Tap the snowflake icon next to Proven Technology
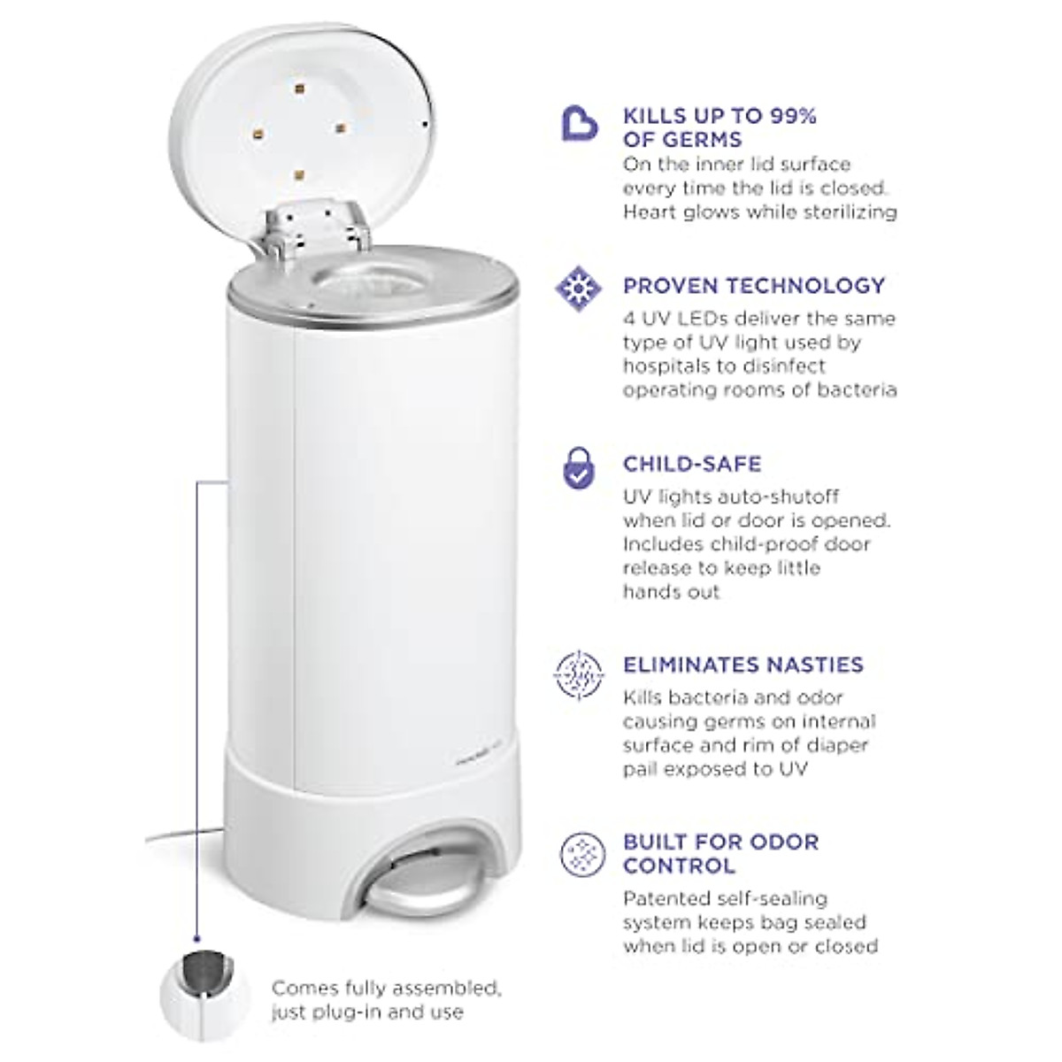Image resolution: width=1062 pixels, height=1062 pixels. [579, 287]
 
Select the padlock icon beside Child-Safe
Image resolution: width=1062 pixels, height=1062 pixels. [579, 468]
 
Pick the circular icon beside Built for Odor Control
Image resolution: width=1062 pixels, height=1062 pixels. [579, 854]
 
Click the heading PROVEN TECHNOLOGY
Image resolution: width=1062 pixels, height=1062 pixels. [754, 286]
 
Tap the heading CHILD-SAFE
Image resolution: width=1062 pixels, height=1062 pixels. [692, 464]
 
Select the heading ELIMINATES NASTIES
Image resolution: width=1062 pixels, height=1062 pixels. [743, 665]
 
